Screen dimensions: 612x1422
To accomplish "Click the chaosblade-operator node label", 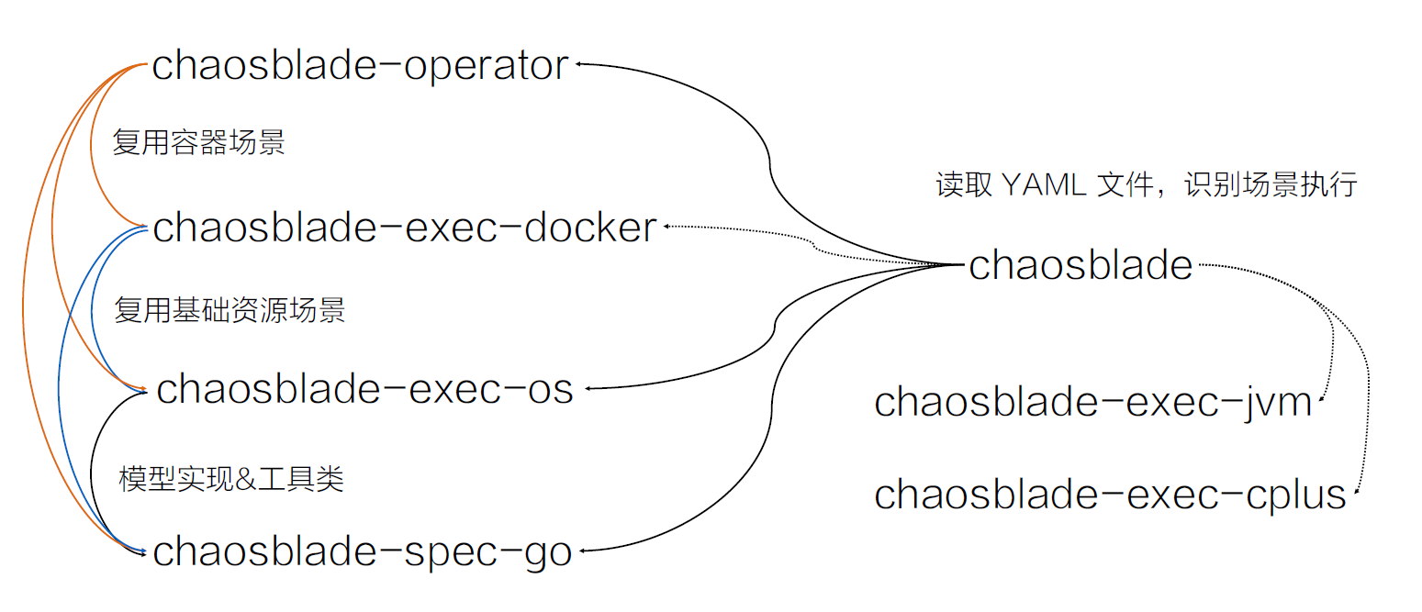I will coord(360,66).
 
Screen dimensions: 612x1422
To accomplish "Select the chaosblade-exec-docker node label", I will coord(405,228).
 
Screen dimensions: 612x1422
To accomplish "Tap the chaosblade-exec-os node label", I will coord(365,389).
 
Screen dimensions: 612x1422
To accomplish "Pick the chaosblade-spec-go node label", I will coord(363,551).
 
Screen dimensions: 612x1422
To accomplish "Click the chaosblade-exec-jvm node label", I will coord(1092,403).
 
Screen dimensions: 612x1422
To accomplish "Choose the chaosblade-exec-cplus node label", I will coord(1109,495).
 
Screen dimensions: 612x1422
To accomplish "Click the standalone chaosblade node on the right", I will coord(1080,266).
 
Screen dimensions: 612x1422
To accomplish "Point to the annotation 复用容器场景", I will coord(198,143).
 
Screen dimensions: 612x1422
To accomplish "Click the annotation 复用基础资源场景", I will coord(230,310).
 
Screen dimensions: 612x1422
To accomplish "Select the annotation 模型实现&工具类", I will coord(231,479).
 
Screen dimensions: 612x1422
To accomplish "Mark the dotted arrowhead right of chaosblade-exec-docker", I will coord(667,227).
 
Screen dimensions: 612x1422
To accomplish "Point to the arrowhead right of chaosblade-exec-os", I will coord(588,389).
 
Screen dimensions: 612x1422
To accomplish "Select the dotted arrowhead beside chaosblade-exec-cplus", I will coord(1356,496).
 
